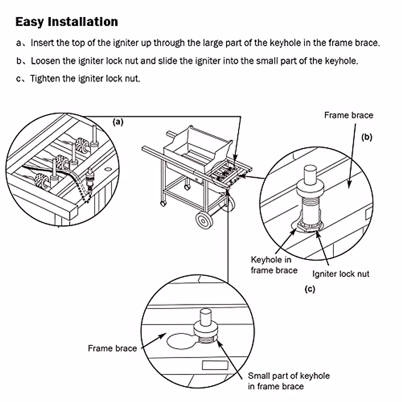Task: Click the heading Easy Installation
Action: (x=67, y=22)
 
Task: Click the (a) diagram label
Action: (x=118, y=122)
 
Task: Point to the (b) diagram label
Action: (x=367, y=137)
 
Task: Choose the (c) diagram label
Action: (x=310, y=289)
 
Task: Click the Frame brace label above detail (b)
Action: (x=348, y=115)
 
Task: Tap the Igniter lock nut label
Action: (x=340, y=274)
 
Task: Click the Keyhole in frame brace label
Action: (x=273, y=265)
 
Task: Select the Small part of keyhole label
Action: (x=288, y=381)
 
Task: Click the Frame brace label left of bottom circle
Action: (x=112, y=348)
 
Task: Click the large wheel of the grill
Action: (x=205, y=220)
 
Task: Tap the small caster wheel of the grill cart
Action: (x=163, y=203)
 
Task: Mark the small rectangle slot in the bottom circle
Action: (x=215, y=365)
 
